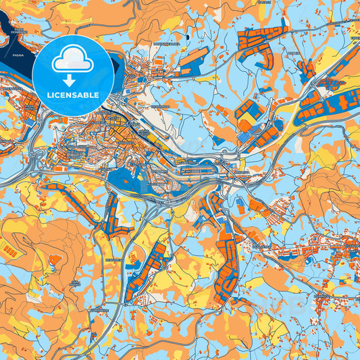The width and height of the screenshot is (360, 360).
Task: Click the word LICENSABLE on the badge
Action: pos(73,95)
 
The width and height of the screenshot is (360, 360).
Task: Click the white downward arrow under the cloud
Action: pos(72,79)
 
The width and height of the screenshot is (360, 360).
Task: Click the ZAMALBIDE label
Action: pos(101,310)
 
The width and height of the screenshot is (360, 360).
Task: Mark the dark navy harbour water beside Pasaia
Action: pos(14,68)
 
